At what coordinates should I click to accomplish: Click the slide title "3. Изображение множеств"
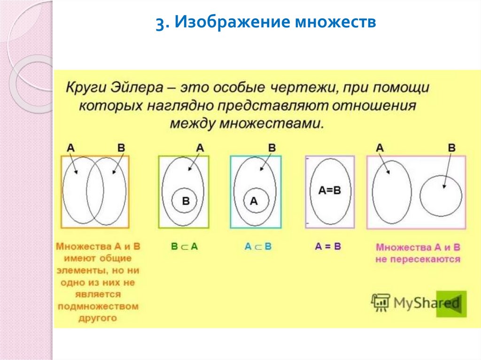pos(266,23)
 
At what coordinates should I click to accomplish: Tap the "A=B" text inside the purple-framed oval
pos(329,190)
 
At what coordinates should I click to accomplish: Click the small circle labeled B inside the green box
pos(185,201)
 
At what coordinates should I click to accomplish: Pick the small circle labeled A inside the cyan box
pos(254,201)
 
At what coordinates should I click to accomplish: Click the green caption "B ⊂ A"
pos(184,246)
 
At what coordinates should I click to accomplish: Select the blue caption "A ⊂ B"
pos(258,246)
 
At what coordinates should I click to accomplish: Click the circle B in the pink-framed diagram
pos(440,195)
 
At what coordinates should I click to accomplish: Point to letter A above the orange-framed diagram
pos(70,147)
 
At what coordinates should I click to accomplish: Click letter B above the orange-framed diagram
pos(121,147)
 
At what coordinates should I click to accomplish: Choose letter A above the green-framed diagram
pos(200,147)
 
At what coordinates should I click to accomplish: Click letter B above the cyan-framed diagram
pos(272,147)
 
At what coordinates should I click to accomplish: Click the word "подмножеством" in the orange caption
pos(98,306)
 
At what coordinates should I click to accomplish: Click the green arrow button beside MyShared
pos(451,304)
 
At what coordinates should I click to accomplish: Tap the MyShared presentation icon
pos(380,303)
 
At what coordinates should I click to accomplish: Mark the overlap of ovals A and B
pos(94,190)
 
